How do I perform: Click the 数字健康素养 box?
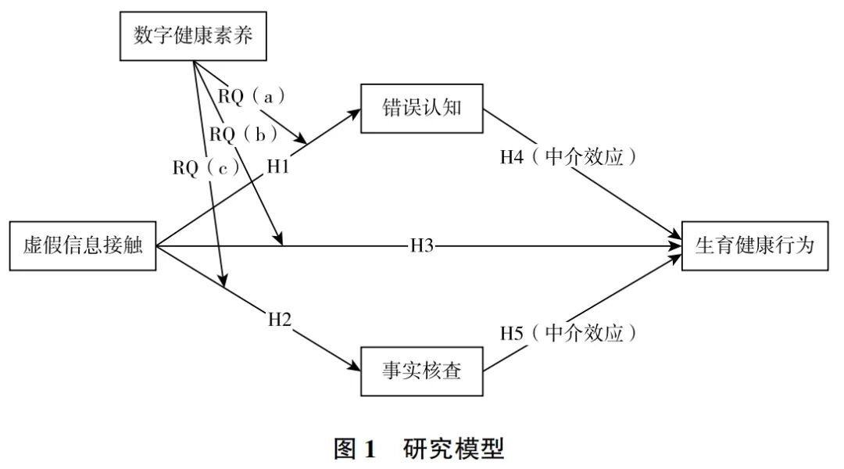193,37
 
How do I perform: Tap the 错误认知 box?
422,108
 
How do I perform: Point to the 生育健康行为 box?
755,245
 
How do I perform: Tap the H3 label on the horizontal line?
422,245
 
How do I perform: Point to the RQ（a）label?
250,96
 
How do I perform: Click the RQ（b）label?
243,134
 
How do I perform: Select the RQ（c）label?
206,167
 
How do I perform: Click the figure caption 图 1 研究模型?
419,449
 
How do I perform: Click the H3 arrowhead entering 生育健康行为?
676,245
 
